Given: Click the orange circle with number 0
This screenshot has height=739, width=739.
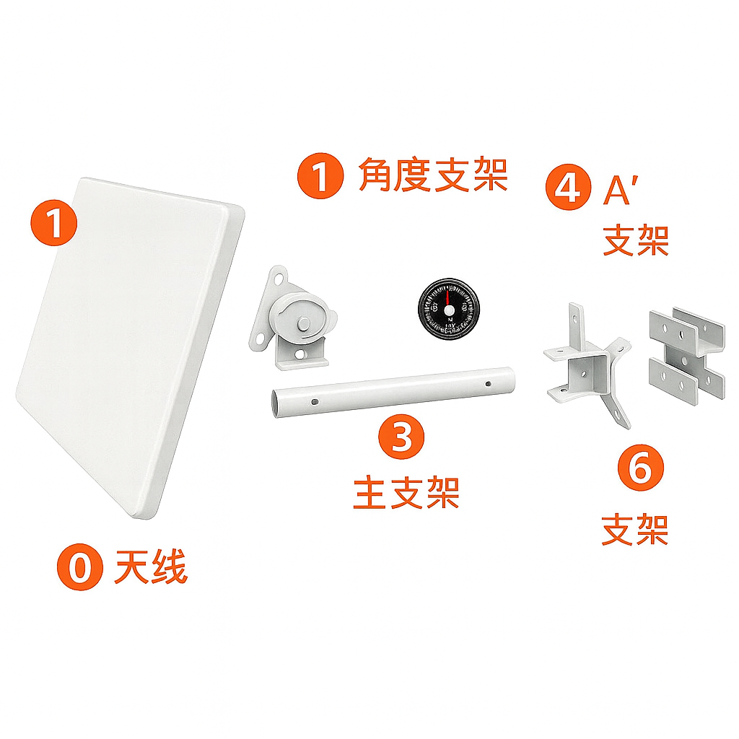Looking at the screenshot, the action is point(79,567).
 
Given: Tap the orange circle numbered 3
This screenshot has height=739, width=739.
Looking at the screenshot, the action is point(401,437).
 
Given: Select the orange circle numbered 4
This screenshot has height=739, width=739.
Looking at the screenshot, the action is point(568,187).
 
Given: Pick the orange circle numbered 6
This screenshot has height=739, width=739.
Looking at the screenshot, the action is point(641,468).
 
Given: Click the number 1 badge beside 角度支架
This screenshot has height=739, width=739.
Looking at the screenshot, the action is point(320,176).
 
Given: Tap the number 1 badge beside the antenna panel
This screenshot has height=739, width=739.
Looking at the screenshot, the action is point(53,222).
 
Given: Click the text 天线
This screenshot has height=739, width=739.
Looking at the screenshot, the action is point(151,567).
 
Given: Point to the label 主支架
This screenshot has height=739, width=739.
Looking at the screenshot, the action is point(406,492).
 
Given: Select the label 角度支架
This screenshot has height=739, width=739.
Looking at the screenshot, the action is point(433,175).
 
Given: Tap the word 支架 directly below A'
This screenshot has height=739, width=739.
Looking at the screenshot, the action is point(636,240).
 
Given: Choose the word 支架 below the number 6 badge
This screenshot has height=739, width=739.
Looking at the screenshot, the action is point(635,530).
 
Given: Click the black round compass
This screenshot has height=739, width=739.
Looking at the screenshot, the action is point(449,309).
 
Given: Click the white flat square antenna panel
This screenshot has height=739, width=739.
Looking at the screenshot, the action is point(130,348).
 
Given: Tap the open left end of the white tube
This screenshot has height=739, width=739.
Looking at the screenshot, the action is point(275,403).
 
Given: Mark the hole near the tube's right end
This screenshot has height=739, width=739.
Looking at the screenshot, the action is point(488,384).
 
